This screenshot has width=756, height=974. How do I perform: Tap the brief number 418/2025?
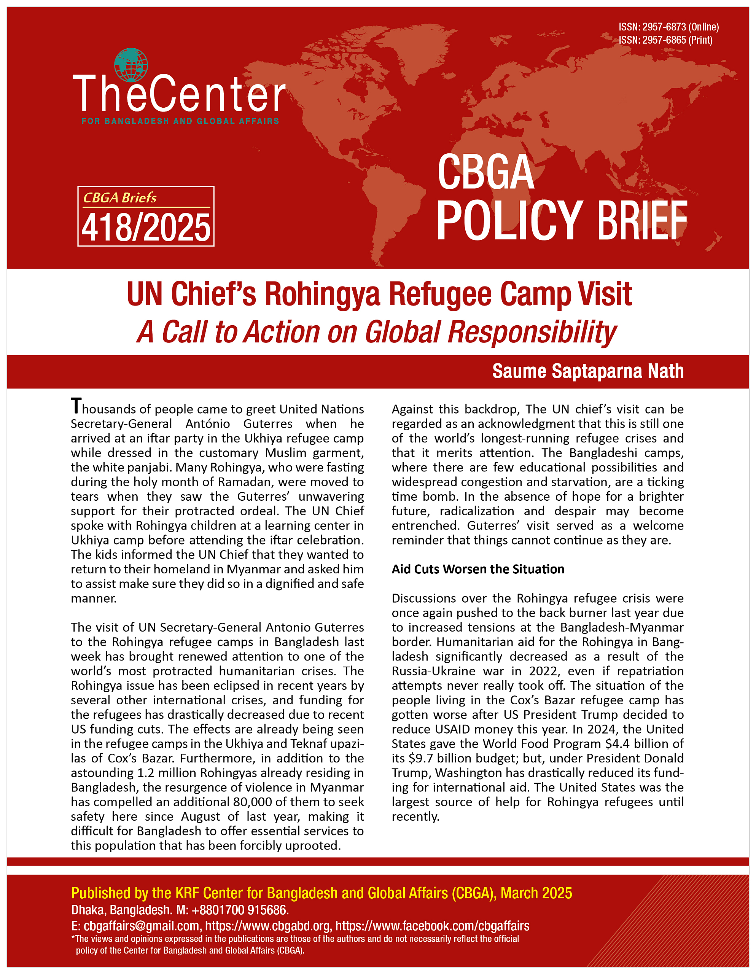point(146,228)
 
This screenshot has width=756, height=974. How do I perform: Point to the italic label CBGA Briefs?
point(120,197)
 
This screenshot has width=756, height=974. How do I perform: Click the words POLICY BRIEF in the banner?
point(561,220)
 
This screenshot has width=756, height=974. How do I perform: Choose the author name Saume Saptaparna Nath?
point(587,371)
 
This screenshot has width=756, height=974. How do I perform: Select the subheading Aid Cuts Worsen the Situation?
point(478,570)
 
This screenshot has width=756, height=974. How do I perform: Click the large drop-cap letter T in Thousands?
point(76,406)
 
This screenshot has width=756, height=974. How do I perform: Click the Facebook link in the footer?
point(432,926)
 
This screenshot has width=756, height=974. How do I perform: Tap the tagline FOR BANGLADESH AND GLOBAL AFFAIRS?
point(180,121)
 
